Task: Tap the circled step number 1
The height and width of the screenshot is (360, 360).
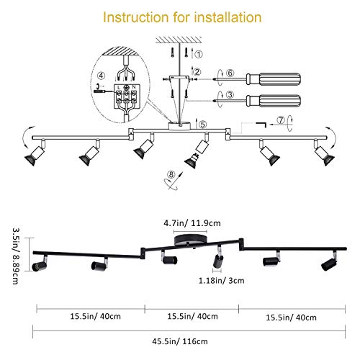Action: [199, 53]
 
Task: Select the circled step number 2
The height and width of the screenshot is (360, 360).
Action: [196, 71]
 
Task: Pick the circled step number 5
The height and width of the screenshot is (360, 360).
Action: [202, 125]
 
